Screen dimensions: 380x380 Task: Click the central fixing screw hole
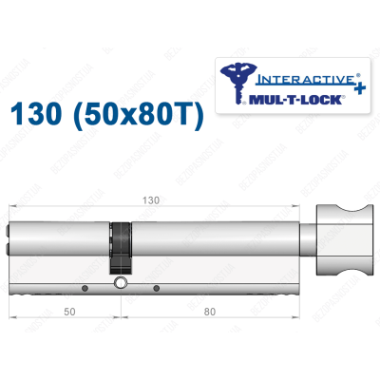click(120, 283)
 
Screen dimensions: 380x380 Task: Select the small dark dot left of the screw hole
click(85, 286)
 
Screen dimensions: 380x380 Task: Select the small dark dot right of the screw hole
click(155, 286)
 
